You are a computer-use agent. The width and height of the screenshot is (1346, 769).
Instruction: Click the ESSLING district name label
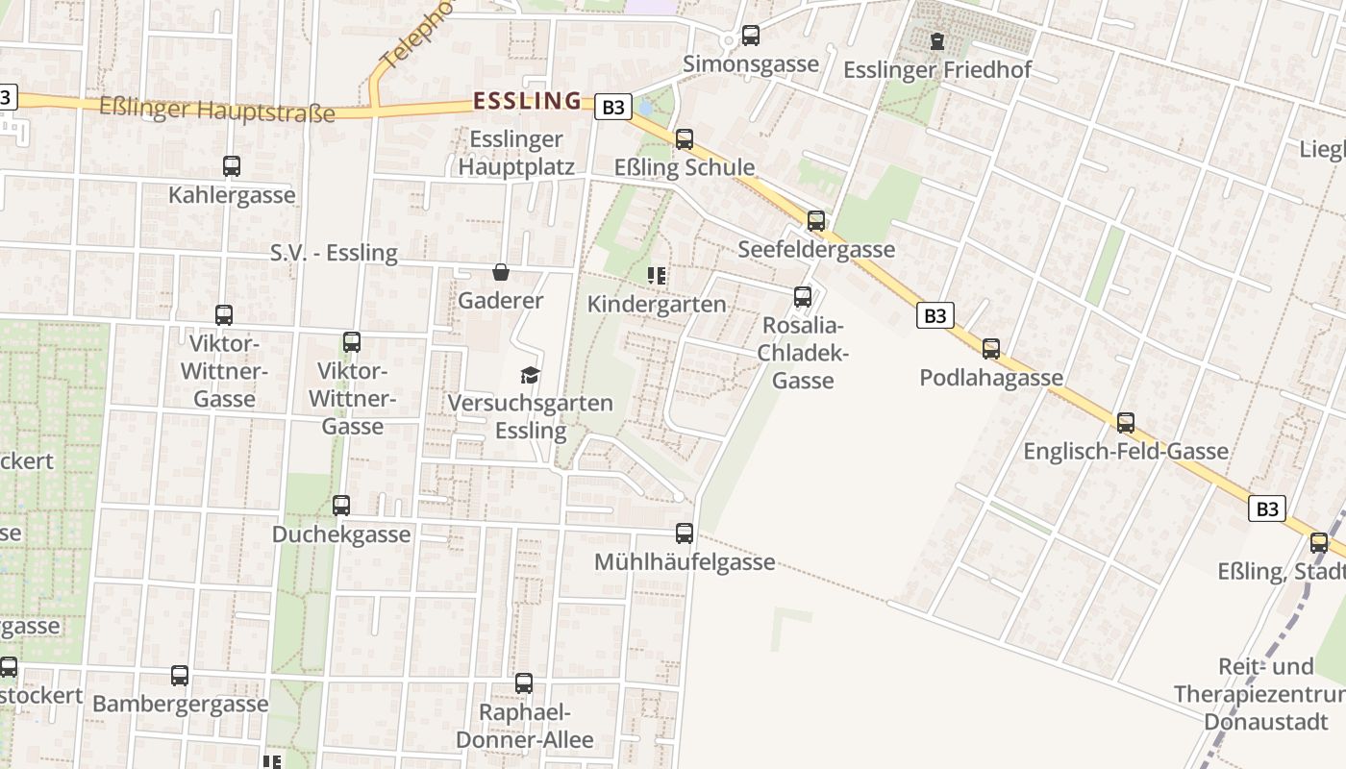pos(528,101)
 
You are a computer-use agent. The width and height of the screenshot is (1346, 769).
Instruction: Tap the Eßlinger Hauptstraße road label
pos(217,109)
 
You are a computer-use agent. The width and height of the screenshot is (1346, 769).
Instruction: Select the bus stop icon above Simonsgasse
pos(751,36)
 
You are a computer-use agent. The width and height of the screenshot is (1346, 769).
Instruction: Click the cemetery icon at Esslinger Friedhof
pos(936,41)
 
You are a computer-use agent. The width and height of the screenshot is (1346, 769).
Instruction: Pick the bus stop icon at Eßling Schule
pos(685,139)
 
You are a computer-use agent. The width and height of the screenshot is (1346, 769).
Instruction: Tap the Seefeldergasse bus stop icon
pos(816,221)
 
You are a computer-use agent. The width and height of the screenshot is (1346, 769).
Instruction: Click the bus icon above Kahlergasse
pos(232,166)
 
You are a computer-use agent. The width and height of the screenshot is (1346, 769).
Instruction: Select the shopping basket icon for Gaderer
pos(500,272)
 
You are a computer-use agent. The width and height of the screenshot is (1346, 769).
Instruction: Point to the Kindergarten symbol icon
pos(658,277)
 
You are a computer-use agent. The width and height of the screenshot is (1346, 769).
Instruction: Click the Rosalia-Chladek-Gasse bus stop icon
pos(803,297)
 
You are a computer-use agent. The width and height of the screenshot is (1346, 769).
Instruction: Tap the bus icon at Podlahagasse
pos(991,349)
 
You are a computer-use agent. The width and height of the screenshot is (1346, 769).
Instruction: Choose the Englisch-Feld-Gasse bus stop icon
pos(1126,422)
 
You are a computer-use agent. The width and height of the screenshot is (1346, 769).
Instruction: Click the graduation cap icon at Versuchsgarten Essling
pos(530,375)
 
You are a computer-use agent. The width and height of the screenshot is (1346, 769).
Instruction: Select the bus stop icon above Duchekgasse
pos(341,506)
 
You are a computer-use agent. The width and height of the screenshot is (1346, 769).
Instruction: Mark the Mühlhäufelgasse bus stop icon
pos(685,533)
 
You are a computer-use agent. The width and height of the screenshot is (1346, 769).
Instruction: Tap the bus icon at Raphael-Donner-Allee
pos(524,683)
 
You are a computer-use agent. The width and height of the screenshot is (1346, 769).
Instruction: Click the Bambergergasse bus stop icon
pos(180,676)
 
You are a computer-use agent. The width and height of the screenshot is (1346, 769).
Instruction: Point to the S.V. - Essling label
pos(334,253)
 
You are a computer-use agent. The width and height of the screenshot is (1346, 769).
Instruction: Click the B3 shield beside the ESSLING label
pos(612,107)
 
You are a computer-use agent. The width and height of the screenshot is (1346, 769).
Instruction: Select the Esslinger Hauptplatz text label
pos(516,153)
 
